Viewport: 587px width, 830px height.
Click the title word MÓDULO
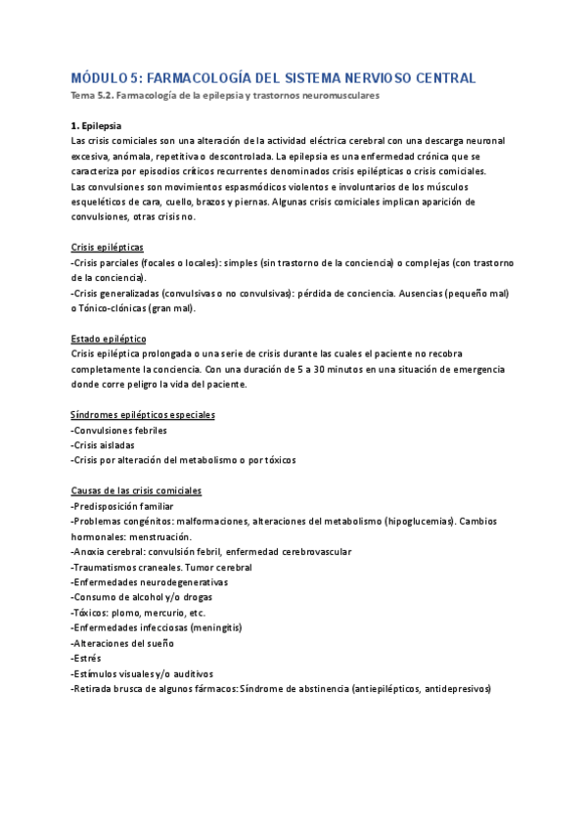[x=98, y=77]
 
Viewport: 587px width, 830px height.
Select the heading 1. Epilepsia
[x=98, y=127]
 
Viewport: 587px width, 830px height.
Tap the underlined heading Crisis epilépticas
[x=108, y=248]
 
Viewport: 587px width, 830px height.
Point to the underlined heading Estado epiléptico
[x=109, y=338]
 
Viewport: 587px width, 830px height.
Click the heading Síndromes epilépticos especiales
[x=144, y=415]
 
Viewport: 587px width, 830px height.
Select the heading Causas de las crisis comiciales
[x=137, y=490]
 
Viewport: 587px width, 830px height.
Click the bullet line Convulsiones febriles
[x=119, y=430]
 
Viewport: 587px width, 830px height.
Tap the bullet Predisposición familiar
[x=123, y=506]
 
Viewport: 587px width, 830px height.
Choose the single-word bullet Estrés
[x=86, y=658]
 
